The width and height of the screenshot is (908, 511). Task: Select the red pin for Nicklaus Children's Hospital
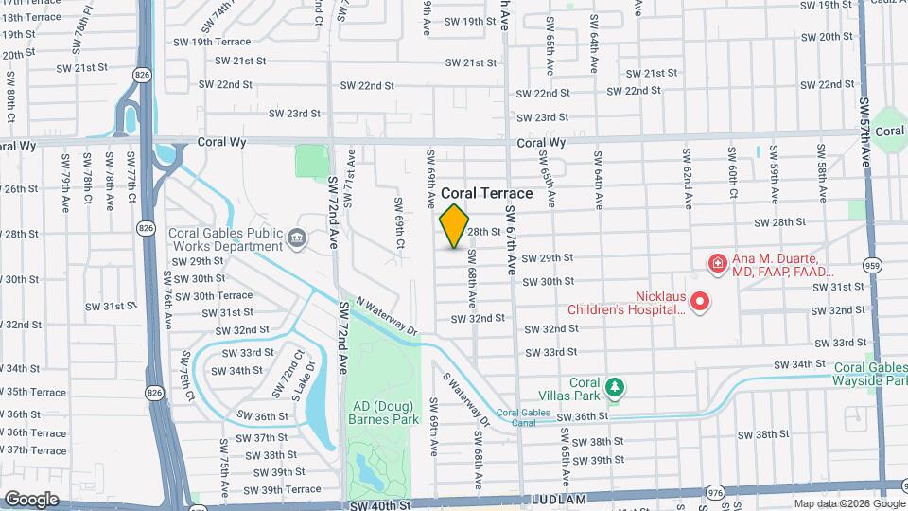tap(700, 303)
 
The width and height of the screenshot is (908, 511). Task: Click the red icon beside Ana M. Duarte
tap(717, 263)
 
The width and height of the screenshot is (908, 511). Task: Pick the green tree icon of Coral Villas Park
tap(615, 386)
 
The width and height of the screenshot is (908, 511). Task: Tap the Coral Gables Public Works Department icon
tap(298, 237)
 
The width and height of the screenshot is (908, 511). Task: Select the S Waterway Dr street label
tap(467, 397)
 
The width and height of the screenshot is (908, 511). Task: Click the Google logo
tap(31, 499)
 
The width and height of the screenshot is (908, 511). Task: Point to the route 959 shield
tap(872, 266)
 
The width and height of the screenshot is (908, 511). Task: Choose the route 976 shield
tap(715, 492)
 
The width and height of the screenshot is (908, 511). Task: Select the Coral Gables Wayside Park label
tap(869, 374)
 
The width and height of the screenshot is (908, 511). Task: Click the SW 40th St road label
tap(380, 505)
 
